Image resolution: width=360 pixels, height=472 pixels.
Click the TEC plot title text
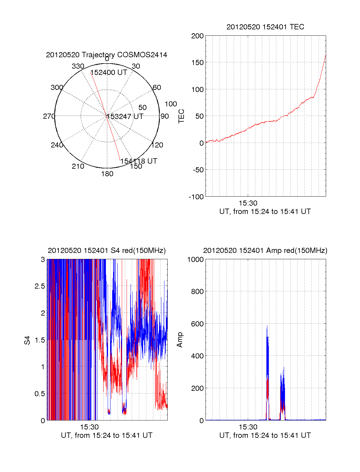(x=265, y=27)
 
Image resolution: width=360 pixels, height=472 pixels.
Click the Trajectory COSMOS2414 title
(x=106, y=55)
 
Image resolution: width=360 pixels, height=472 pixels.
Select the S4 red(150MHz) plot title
(x=106, y=251)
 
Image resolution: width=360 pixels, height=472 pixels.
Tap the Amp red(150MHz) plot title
(x=265, y=251)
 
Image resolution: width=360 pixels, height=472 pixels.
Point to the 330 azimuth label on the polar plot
(x=78, y=66)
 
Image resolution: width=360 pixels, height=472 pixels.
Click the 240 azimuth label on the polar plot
(x=57, y=145)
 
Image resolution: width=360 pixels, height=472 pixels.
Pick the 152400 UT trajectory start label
(x=109, y=73)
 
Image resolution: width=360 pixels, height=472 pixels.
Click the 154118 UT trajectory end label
(x=139, y=161)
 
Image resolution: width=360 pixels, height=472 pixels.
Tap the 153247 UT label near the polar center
(x=125, y=117)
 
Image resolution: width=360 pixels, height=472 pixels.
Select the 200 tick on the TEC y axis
(x=197, y=36)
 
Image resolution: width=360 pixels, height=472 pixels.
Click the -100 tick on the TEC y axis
(x=196, y=197)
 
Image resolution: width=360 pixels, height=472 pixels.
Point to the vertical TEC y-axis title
(x=181, y=116)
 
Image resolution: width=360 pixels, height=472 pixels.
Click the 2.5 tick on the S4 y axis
(x=40, y=286)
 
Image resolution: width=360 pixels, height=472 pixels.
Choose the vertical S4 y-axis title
(x=27, y=340)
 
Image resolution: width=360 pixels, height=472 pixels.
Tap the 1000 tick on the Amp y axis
(x=196, y=260)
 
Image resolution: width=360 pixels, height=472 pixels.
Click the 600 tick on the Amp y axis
(x=197, y=324)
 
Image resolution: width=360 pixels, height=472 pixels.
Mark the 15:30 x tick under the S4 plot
(x=89, y=427)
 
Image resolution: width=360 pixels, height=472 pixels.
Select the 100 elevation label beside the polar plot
(x=171, y=104)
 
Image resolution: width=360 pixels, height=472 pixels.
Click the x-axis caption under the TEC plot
(x=265, y=212)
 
